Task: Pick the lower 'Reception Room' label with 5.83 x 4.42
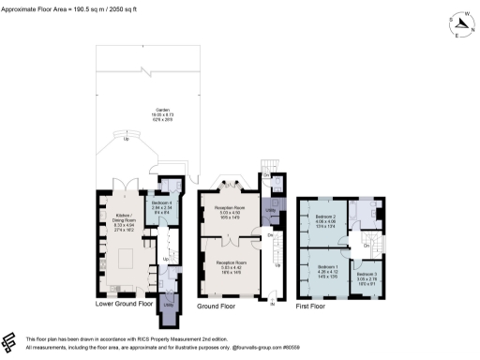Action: [231, 265]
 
